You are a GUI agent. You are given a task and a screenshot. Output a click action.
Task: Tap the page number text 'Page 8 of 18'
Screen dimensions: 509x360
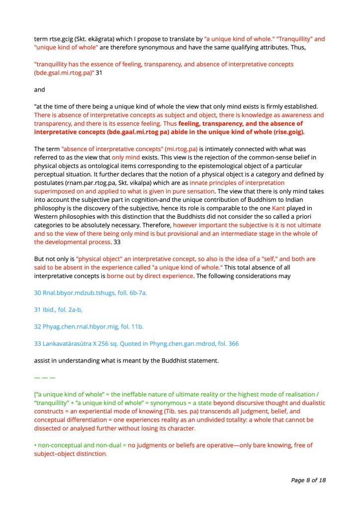point(308,480)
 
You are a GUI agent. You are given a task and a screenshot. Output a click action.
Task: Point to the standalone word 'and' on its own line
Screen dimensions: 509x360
point(39,90)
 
